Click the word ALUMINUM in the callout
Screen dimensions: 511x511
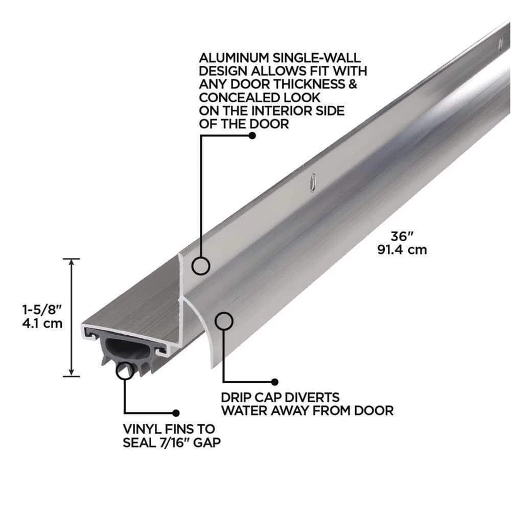pos(234,58)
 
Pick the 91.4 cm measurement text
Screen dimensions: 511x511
pos(402,250)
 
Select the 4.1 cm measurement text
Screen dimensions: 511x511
pos(42,323)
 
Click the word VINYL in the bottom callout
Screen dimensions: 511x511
pos(143,429)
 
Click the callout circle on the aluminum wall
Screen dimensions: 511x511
pos(200,266)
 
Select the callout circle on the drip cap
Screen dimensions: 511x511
pos(224,321)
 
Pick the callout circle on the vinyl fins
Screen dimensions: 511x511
pos(125,371)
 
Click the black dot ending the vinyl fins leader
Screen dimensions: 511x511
pos(176,413)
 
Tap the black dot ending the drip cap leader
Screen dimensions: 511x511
pos(275,382)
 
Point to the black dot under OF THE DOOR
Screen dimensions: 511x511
pos(252,135)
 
